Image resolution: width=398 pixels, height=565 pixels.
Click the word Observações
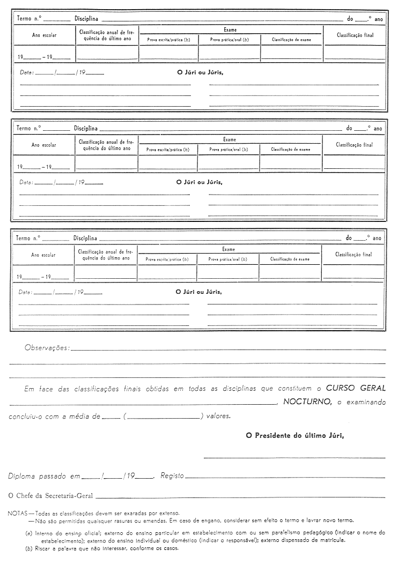[x=47, y=348]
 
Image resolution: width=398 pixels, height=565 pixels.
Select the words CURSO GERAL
[x=356, y=389]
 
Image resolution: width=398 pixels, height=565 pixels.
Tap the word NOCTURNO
[x=306, y=402]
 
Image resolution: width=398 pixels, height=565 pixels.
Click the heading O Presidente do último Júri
[x=295, y=436]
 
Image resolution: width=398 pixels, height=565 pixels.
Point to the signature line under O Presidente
[x=294, y=458]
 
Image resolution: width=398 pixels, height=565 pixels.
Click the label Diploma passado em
[x=44, y=476]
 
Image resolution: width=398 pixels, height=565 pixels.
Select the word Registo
[x=172, y=476]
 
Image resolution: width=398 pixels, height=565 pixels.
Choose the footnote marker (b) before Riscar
[x=28, y=548]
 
